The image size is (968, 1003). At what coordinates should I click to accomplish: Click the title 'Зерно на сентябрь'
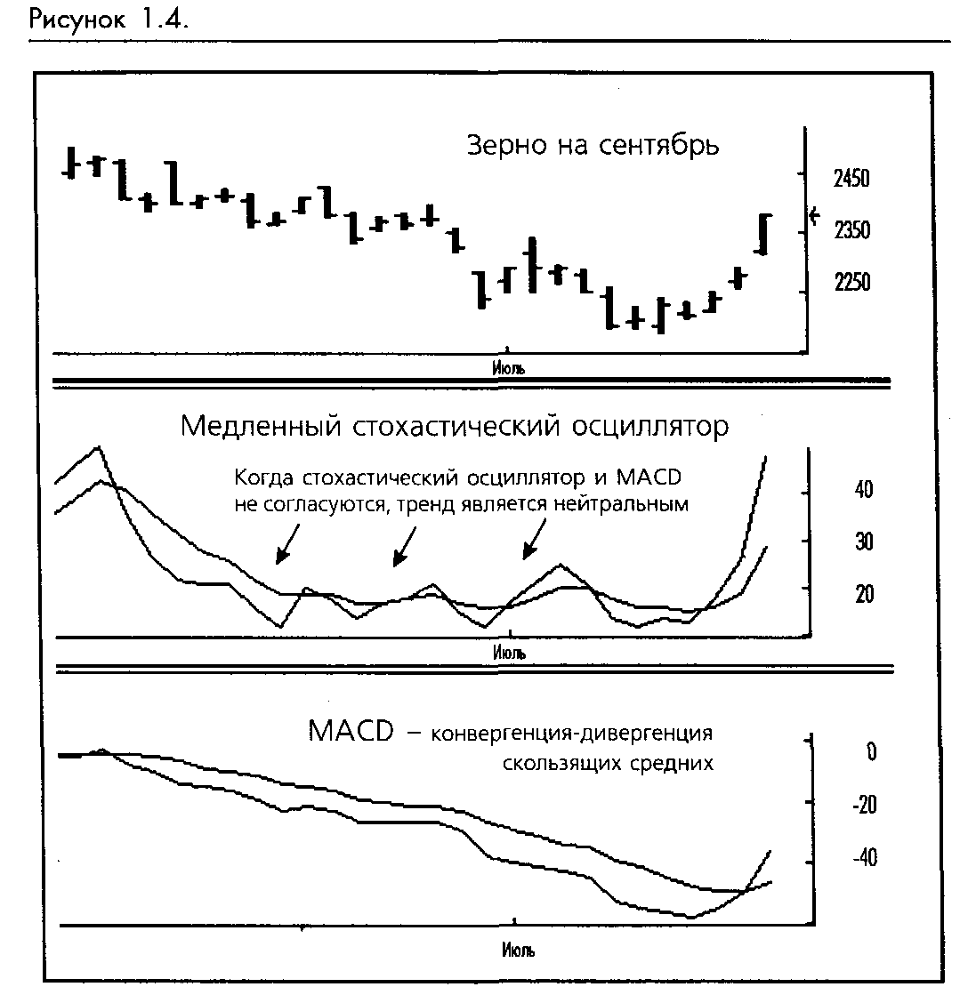pyautogui.click(x=593, y=145)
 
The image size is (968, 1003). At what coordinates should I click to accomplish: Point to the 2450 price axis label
pyautogui.click(x=851, y=180)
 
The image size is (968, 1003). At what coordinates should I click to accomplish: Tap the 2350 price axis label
pyautogui.click(x=851, y=231)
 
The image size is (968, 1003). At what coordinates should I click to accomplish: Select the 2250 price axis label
pyautogui.click(x=851, y=283)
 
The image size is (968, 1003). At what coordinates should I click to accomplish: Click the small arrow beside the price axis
pyautogui.click(x=813, y=215)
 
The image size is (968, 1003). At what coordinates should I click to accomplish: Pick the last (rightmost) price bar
pyautogui.click(x=763, y=234)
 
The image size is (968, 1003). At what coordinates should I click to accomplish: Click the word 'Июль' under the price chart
pyautogui.click(x=507, y=365)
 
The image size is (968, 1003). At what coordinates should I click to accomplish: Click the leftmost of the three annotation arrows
pyautogui.click(x=287, y=544)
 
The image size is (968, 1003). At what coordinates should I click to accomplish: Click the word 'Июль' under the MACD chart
pyautogui.click(x=518, y=951)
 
